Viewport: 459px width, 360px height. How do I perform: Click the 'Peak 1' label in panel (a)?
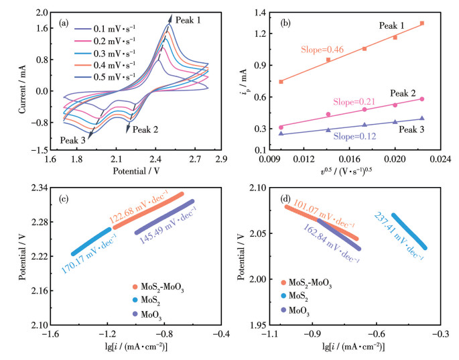(188, 20)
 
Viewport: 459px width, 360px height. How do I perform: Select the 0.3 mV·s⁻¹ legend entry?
(105, 54)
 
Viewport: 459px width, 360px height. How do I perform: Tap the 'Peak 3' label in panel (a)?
(73, 140)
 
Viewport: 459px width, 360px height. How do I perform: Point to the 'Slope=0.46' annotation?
(322, 50)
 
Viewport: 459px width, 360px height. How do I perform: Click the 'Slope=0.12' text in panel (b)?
(354, 137)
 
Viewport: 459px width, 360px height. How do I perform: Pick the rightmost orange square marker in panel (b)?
(422, 23)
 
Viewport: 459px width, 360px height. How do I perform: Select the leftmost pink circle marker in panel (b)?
(281, 127)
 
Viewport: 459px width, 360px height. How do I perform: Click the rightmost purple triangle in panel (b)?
(422, 119)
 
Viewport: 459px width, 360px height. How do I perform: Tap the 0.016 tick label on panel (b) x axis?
(349, 159)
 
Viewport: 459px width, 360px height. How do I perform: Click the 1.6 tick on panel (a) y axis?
(42, 28)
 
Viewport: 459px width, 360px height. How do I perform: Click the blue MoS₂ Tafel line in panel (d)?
(409, 231)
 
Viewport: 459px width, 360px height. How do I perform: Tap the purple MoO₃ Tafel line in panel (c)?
(164, 217)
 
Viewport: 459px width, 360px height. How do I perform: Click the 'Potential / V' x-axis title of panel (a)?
(137, 171)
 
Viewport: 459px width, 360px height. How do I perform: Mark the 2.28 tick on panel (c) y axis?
(40, 222)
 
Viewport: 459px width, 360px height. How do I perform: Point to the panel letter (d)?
(285, 199)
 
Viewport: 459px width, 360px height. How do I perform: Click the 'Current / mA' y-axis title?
(23, 89)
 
